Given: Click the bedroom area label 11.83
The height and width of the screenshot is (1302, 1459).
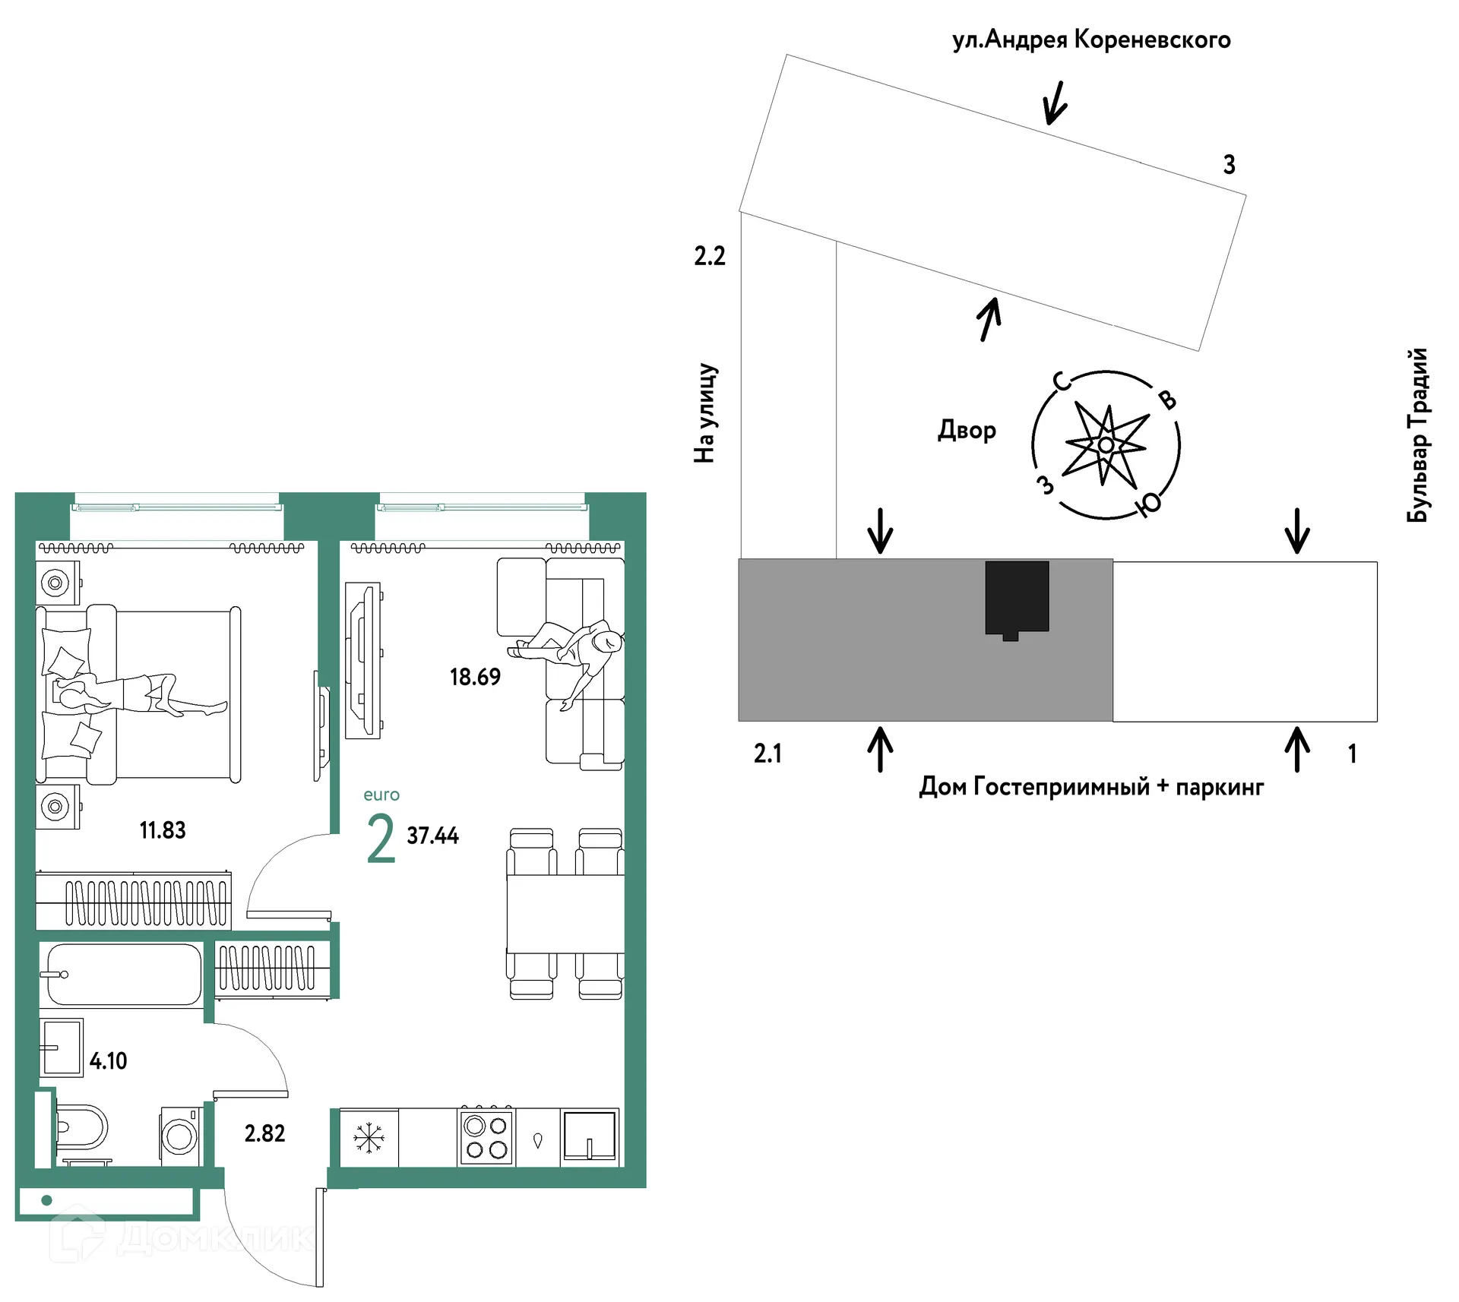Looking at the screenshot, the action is [x=163, y=830].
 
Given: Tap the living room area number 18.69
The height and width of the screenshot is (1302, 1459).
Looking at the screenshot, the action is [x=475, y=677].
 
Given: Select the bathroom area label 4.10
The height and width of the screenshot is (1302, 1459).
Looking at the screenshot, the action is [x=109, y=1061].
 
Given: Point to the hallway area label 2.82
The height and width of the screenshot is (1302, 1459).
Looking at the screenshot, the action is [x=264, y=1133].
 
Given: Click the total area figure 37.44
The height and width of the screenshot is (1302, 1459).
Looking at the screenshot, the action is [x=433, y=836].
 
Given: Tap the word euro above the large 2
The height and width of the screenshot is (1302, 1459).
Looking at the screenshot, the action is [x=381, y=795].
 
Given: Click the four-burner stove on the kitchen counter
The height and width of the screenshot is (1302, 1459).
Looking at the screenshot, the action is [x=486, y=1136].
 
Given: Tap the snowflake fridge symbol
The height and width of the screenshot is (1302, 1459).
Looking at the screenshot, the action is [x=369, y=1138].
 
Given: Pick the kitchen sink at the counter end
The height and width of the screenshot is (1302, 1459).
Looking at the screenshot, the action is [x=590, y=1136].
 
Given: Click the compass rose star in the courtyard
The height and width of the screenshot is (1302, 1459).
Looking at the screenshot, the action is [x=1106, y=445].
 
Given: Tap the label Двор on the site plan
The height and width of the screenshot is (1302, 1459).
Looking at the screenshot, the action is [x=967, y=431].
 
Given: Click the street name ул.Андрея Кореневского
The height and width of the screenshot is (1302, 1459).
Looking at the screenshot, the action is [x=1091, y=40].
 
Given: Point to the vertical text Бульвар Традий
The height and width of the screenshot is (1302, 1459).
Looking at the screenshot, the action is [x=1417, y=435].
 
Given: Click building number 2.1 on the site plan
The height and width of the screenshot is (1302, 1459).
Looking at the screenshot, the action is [x=767, y=754].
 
